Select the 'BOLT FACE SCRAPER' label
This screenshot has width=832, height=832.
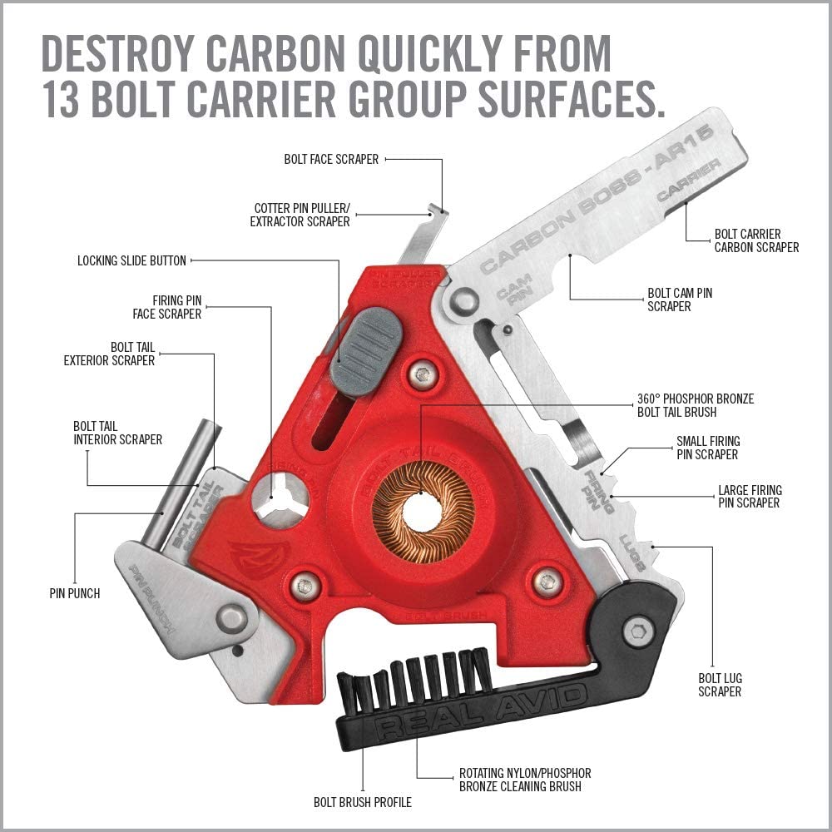tap(331, 159)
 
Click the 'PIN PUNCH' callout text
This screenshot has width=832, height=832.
tap(75, 593)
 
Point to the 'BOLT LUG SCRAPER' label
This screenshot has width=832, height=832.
tap(720, 683)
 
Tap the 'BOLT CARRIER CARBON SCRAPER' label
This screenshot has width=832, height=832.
tap(756, 240)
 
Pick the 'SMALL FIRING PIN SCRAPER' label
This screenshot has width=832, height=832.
tap(707, 448)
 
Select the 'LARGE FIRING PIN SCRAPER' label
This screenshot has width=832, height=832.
tap(750, 497)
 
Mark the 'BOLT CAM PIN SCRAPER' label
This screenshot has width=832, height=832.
tap(680, 300)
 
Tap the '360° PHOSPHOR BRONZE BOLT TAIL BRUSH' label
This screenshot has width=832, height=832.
tap(694, 405)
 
